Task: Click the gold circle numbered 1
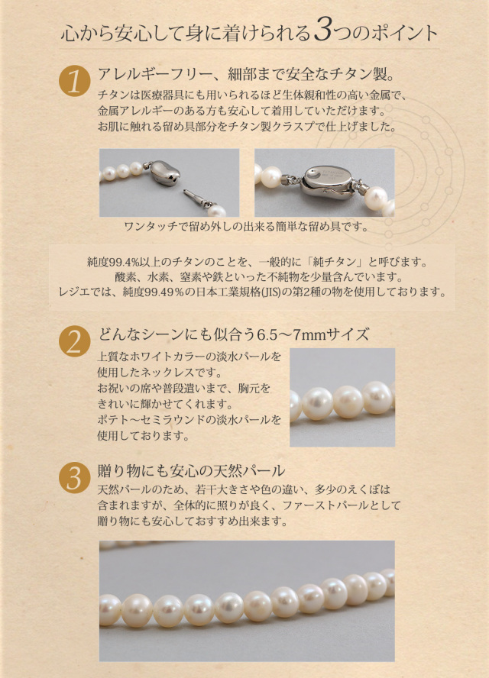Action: point(74,81)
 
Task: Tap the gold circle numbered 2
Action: point(74,341)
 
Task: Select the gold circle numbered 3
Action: point(74,477)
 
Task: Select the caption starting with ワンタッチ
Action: point(246,226)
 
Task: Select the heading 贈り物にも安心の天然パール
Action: point(191,470)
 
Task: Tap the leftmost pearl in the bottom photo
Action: point(109,609)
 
